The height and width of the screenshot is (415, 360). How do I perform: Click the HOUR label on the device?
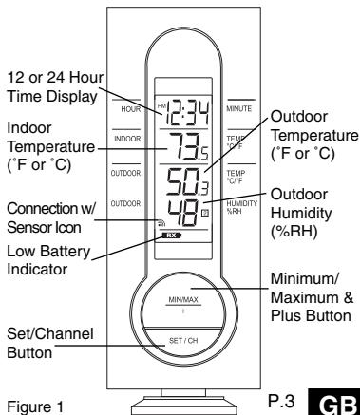[131, 109]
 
